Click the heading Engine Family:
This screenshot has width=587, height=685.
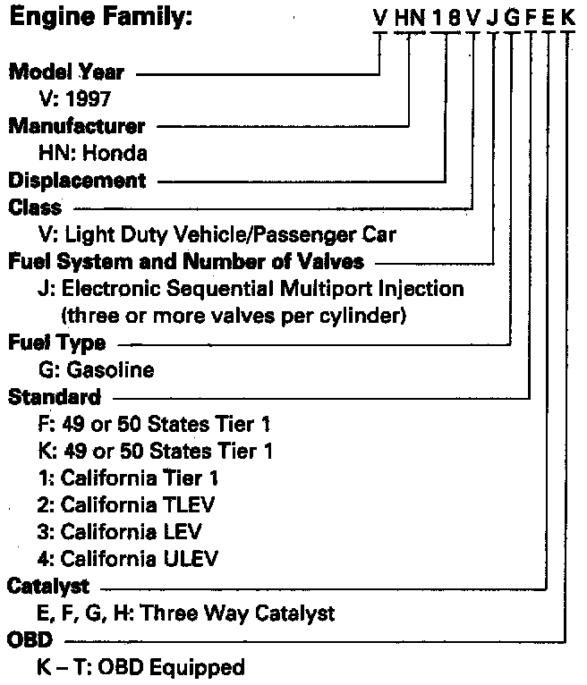(100, 17)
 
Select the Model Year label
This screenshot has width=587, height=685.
(66, 72)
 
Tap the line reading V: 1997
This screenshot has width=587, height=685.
(72, 99)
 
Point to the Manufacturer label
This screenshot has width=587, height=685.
(76, 126)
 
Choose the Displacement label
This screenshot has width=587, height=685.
(77, 180)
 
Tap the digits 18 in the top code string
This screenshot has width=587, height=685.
(446, 15)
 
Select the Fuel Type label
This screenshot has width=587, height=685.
(56, 343)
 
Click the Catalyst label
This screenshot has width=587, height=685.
(48, 587)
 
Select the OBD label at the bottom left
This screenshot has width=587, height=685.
(29, 641)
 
